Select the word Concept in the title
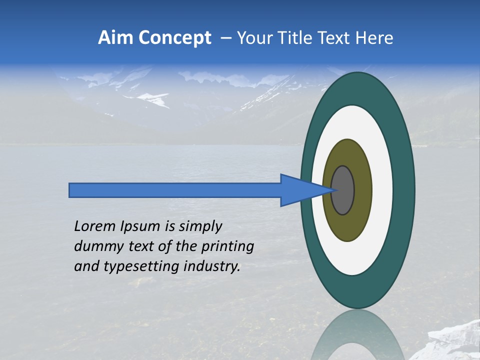point(174,38)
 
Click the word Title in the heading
point(299,38)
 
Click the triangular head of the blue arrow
point(300,190)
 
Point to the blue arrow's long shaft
point(175,190)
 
